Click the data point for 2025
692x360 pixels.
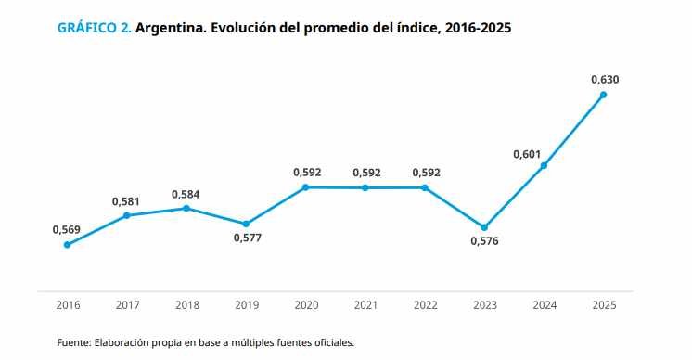603,95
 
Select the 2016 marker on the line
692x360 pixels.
67,245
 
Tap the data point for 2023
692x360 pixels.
484,227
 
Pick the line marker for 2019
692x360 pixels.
246,224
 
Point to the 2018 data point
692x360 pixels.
186,208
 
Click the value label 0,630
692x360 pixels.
605,80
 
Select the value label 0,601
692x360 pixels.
527,154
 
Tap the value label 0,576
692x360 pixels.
484,241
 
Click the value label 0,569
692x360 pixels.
67,229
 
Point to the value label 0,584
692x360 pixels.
186,195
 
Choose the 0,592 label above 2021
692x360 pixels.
366,173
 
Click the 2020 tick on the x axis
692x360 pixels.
307,305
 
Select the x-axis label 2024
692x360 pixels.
545,305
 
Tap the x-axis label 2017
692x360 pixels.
127,305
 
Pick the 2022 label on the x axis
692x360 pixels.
426,305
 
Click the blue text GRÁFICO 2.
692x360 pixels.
95,28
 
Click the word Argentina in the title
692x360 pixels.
171,28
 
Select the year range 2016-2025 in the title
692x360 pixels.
479,28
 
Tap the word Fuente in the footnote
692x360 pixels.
74,342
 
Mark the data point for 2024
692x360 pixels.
544,165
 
